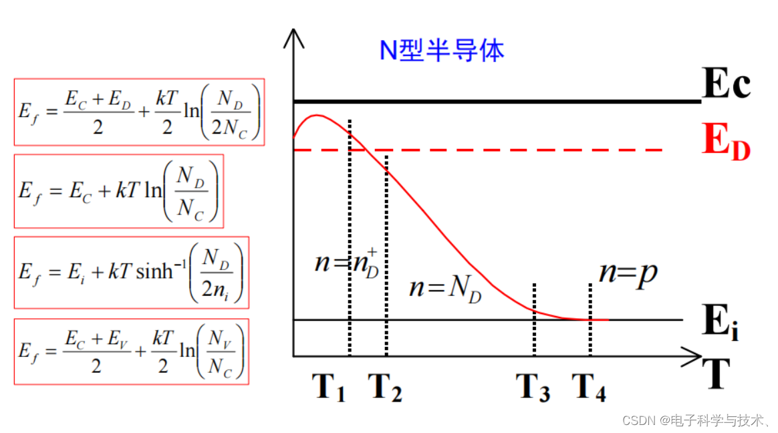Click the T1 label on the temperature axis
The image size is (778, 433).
click(x=328, y=388)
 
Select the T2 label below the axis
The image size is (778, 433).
click(x=385, y=388)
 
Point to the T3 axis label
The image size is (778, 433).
click(x=533, y=388)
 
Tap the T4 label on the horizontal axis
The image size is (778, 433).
click(x=589, y=388)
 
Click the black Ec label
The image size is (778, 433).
click(x=727, y=85)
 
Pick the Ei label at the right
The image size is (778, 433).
click(x=721, y=323)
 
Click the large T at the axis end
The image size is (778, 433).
click(x=715, y=376)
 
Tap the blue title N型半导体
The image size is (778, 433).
click(x=442, y=51)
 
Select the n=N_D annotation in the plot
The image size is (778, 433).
click(x=445, y=288)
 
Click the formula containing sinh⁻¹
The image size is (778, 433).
click(x=132, y=272)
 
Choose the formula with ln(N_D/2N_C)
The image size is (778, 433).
click(x=139, y=112)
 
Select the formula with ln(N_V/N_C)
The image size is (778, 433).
click(x=131, y=351)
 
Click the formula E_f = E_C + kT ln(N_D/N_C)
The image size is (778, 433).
click(x=119, y=191)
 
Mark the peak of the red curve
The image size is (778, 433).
click(x=317, y=116)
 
